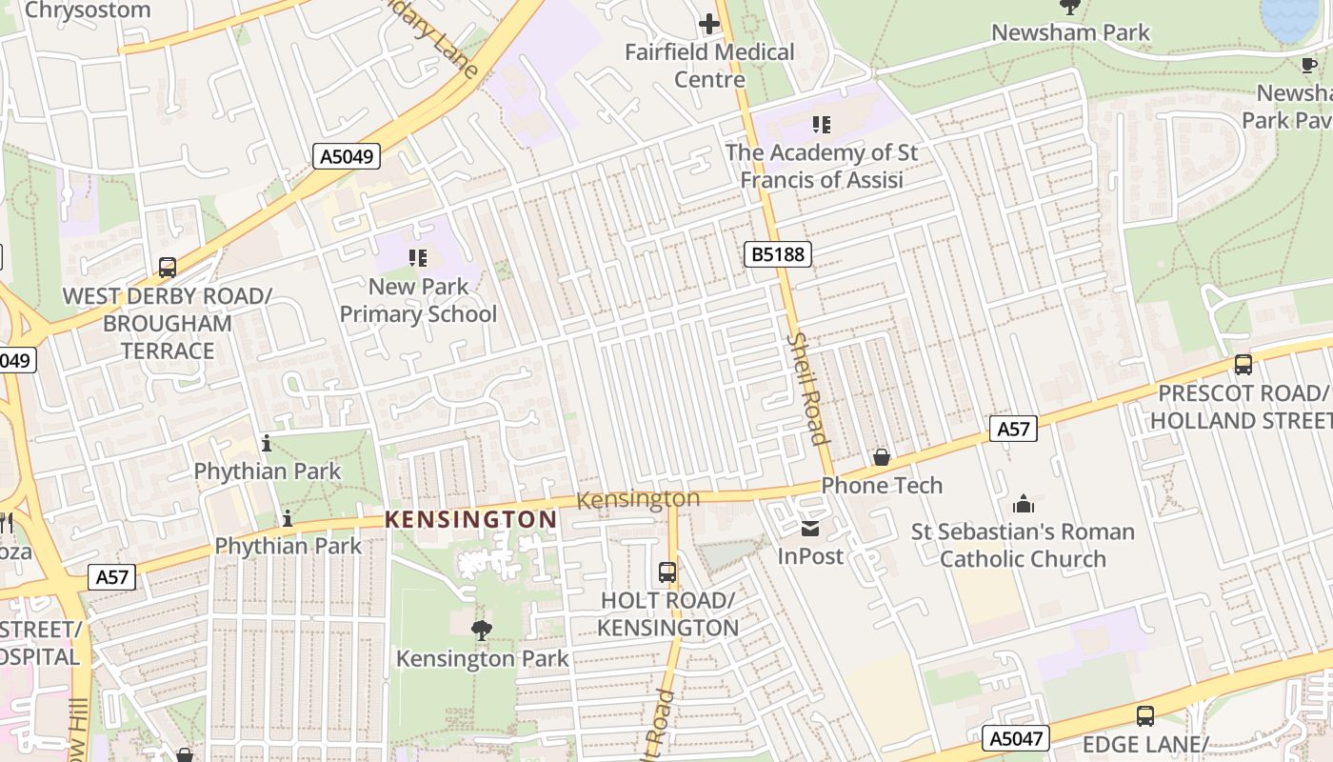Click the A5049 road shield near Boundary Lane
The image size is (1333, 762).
[x=347, y=156]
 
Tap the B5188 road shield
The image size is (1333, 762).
[x=777, y=253]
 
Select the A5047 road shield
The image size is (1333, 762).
[x=1015, y=737]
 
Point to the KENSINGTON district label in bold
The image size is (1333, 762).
[x=470, y=519]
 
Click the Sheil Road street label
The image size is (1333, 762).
[x=807, y=388]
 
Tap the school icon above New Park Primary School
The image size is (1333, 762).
[x=418, y=258]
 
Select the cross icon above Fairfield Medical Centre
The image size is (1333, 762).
[x=709, y=24]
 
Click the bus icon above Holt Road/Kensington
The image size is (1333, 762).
[x=667, y=572]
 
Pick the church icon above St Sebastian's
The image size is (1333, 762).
[x=1024, y=503]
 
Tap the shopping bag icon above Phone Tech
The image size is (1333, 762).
[x=882, y=457]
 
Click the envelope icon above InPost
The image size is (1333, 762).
[x=810, y=528]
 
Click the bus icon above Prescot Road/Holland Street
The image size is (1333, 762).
[x=1243, y=364]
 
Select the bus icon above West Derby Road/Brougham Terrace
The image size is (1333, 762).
[x=168, y=268]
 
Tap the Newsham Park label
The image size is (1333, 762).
[x=1070, y=32]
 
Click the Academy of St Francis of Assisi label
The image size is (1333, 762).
[x=821, y=166]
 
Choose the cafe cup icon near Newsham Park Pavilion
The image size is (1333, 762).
[x=1309, y=66]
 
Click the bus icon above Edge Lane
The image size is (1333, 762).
[x=1145, y=715]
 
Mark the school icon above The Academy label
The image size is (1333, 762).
[x=821, y=125]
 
